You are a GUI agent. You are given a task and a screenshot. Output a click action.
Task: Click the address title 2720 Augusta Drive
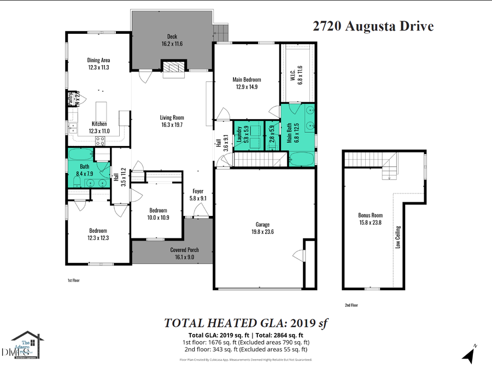coord(373,26)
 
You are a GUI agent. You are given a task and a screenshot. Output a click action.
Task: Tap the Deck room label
coord(172,40)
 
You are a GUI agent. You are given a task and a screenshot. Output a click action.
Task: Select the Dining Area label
coord(99,63)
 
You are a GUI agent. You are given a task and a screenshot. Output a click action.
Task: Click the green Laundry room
coord(242,134)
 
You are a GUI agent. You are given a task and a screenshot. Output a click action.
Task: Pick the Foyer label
coord(198,195)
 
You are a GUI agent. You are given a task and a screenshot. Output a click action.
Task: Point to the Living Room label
coord(172,121)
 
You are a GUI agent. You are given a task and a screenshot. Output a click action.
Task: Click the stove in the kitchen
coord(101,140)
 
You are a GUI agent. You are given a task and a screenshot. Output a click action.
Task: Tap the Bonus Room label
coord(370,219)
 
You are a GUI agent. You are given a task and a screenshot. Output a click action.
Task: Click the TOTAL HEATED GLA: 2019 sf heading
coord(245,323)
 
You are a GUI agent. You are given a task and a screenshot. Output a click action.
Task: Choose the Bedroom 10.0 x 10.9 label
coord(159,213)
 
